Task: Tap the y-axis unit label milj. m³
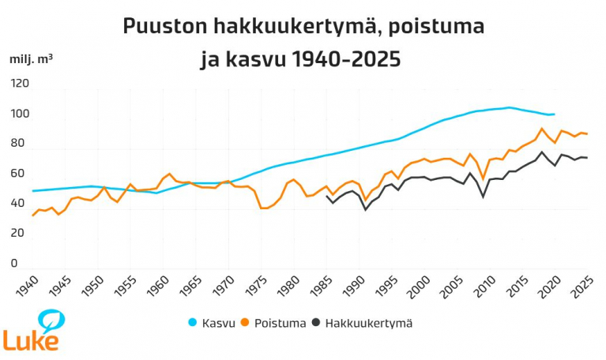tap(32, 59)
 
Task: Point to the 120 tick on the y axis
tap(19, 84)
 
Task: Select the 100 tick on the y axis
tap(19, 114)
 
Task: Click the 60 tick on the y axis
tap(17, 174)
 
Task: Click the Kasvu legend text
tap(218, 323)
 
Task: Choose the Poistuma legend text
tap(280, 323)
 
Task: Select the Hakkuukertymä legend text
tap(368, 323)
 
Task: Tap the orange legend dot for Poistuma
tap(246, 323)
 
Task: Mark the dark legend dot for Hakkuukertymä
tap(316, 323)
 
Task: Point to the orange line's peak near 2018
tap(541, 129)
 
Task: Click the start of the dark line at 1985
tap(327, 196)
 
